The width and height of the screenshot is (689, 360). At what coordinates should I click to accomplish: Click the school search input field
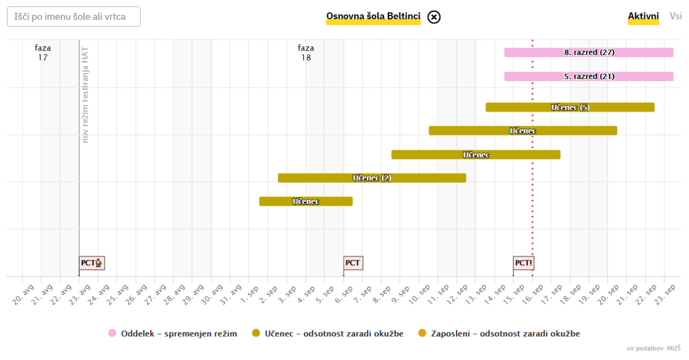pos(73,17)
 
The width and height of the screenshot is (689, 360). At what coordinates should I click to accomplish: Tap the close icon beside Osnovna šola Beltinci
pos(434,17)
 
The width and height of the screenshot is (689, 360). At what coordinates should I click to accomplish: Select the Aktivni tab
pos(643,16)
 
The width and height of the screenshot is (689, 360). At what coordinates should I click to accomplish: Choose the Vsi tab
pos(676,16)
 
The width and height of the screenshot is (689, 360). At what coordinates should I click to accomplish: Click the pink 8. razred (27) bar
pos(588,53)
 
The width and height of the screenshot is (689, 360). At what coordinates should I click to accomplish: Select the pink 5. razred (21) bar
pos(588,76)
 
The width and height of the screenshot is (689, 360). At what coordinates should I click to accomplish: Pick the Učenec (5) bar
pos(570,107)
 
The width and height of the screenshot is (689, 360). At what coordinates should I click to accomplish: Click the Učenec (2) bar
pos(371,178)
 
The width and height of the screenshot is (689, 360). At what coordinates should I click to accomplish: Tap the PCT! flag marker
pos(523,263)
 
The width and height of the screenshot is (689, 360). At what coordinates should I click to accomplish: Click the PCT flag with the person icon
pos(92,263)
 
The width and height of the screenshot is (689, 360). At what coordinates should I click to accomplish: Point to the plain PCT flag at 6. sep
pos(353,263)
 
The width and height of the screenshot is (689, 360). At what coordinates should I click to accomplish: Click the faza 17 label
pos(43,53)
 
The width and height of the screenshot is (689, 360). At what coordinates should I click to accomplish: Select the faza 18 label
pos(306,53)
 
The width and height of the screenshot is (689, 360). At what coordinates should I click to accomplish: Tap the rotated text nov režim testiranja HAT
pos(85,95)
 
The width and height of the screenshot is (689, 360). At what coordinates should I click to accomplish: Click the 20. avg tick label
pos(19,294)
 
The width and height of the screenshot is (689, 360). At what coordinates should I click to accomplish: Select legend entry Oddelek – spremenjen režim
pos(172,334)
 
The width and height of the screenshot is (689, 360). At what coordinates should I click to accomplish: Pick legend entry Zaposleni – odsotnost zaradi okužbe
pos(500,334)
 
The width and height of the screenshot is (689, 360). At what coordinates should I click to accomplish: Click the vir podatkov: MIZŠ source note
pos(653,349)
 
